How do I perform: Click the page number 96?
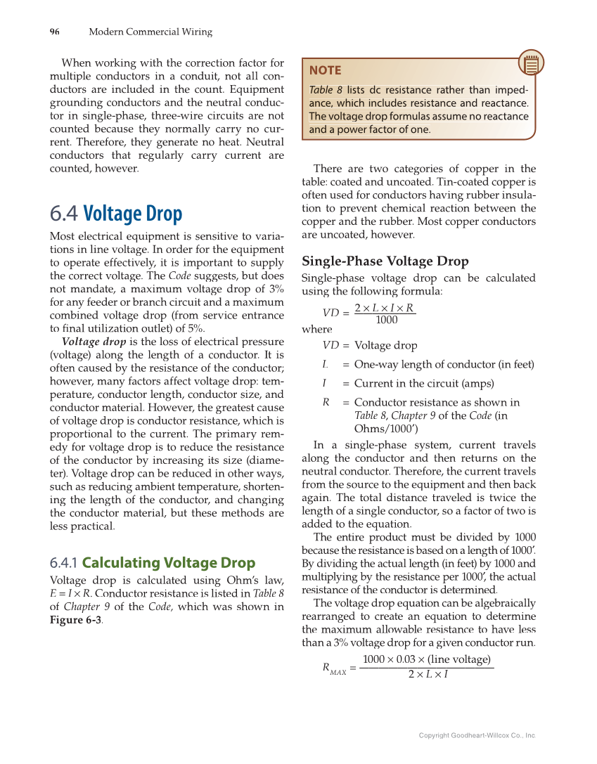(x=54, y=32)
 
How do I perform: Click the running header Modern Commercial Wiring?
(x=150, y=32)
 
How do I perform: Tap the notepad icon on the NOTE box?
(x=531, y=65)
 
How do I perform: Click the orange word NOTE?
(x=325, y=70)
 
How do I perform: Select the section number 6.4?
(x=64, y=214)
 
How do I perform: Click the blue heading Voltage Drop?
(x=132, y=214)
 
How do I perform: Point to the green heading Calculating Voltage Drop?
(x=168, y=562)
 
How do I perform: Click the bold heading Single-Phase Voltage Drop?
(x=385, y=261)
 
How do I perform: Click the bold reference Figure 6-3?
(x=76, y=620)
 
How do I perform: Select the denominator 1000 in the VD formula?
(x=386, y=320)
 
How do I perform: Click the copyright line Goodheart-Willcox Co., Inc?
(x=477, y=735)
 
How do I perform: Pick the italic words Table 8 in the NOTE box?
(x=326, y=90)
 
